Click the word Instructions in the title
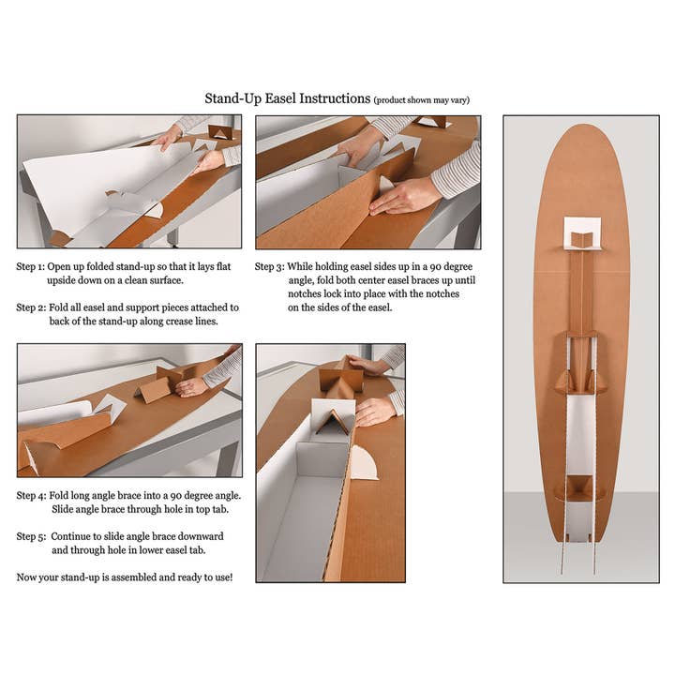pyautogui.click(x=337, y=98)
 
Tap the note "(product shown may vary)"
pyautogui.click(x=421, y=99)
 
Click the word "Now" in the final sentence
pyautogui.click(x=28, y=577)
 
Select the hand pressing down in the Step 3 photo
pyautogui.click(x=403, y=195)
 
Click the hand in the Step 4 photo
pyautogui.click(x=192, y=385)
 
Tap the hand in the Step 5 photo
pyautogui.click(x=375, y=410)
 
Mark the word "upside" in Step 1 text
pyautogui.click(x=64, y=279)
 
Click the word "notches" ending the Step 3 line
pyautogui.click(x=449, y=293)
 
